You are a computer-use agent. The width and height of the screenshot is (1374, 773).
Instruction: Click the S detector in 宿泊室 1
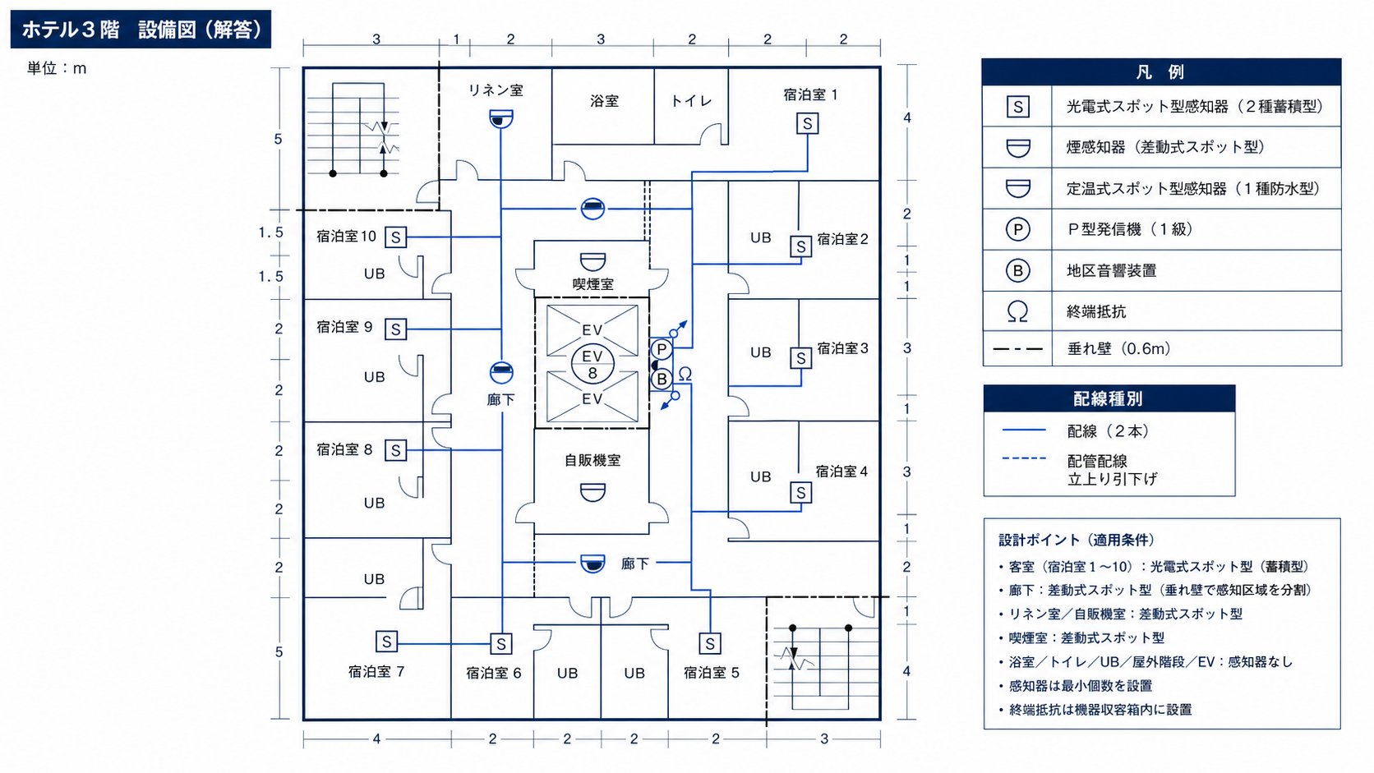coord(807,124)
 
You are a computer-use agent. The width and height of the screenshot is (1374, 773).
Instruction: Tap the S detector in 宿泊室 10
coord(395,237)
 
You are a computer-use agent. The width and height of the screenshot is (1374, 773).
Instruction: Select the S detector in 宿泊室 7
coord(386,642)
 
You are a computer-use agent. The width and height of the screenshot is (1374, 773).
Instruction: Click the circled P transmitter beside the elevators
coord(662,349)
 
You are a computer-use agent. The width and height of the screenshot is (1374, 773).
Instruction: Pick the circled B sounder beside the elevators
coord(662,380)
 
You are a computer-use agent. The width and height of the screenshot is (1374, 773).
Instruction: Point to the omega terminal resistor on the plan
coord(685,374)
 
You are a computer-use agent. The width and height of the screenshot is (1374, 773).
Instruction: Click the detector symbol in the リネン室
coord(501,118)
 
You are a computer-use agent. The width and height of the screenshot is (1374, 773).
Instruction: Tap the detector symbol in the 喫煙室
coord(592,262)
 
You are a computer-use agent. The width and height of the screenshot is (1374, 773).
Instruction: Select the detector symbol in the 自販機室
coord(592,492)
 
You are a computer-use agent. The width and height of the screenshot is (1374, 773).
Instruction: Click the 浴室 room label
coord(604,101)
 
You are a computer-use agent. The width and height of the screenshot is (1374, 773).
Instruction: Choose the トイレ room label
coord(691,100)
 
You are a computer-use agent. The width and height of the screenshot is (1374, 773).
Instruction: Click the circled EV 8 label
coord(592,365)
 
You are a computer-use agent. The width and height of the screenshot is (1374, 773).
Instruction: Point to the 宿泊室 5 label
coord(712,673)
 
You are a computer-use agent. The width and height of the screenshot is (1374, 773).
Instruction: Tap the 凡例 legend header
coord(1160,72)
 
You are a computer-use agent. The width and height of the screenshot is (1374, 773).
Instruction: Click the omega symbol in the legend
coord(1017,311)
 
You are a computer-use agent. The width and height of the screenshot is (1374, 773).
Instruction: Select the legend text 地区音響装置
coord(1112,270)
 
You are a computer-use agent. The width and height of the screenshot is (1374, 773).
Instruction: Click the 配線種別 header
coord(1109,398)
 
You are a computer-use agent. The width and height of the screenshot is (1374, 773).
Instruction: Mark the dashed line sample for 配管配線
coord(1024,458)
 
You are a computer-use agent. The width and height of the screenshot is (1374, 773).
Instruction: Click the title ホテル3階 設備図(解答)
coord(141,30)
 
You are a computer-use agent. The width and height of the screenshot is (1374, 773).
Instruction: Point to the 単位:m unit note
coord(57,68)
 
